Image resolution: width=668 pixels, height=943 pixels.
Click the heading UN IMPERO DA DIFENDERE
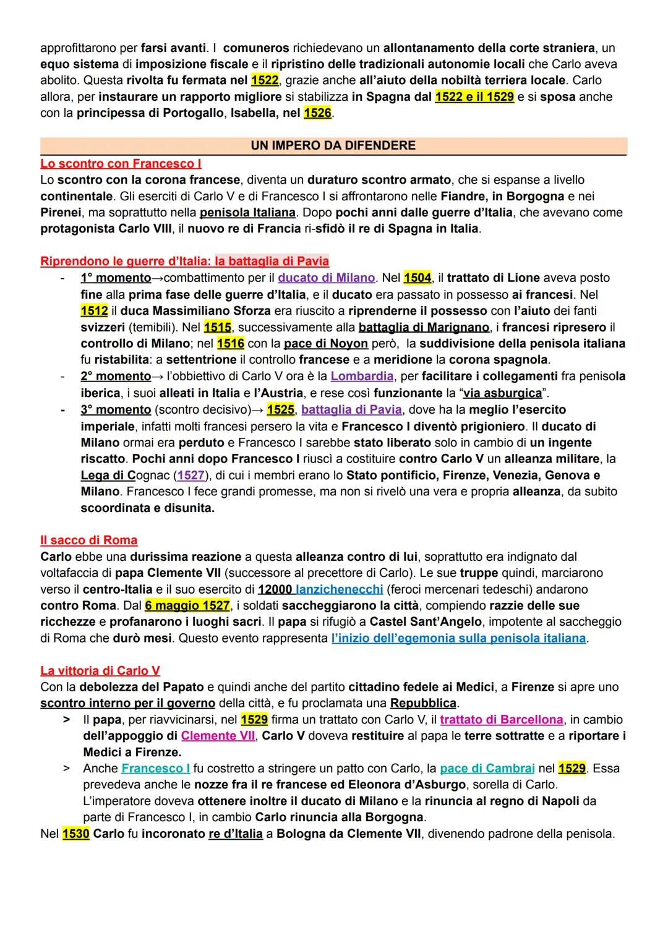tap(333, 146)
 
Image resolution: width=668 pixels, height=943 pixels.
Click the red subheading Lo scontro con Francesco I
tap(121, 164)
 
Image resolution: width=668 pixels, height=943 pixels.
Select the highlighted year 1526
tap(317, 113)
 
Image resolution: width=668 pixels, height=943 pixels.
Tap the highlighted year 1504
tap(417, 278)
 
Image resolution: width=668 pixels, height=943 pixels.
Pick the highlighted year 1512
tap(94, 311)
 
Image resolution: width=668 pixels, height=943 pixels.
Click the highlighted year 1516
tap(231, 343)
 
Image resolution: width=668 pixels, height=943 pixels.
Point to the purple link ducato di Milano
tap(326, 278)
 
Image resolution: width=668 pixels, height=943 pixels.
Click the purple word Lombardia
tap(362, 376)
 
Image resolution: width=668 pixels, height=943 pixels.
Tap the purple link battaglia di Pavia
tap(351, 409)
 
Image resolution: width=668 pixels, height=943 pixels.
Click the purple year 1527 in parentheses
tap(191, 476)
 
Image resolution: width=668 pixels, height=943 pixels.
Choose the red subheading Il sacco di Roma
tap(89, 540)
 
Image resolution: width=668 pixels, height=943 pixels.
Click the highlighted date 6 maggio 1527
tap(187, 605)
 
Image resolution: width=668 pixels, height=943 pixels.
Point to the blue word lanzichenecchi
tap(339, 589)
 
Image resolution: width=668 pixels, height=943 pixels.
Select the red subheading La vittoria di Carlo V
tap(100, 671)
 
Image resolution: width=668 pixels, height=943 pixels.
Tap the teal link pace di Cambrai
tap(487, 769)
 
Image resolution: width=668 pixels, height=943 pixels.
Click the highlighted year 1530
tap(75, 834)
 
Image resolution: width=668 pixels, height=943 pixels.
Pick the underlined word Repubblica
tap(423, 704)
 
